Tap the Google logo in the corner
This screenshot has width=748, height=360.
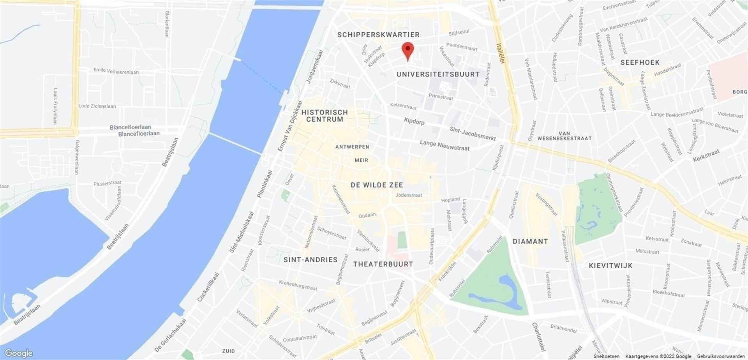click(19, 353)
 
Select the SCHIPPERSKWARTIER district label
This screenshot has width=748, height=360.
click(378, 35)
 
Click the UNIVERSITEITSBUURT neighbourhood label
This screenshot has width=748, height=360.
click(438, 74)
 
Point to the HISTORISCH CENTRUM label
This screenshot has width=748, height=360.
click(327, 116)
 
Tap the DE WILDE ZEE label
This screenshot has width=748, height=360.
click(377, 185)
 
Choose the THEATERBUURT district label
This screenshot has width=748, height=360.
click(383, 264)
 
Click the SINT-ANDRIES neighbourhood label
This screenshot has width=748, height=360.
click(310, 259)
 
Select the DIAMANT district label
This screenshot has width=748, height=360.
click(530, 241)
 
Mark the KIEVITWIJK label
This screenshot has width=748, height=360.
click(610, 266)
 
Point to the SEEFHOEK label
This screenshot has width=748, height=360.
click(640, 62)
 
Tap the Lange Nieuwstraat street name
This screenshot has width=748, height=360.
click(445, 145)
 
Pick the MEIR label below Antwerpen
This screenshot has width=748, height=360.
click(361, 160)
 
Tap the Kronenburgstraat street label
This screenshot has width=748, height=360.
click(298, 285)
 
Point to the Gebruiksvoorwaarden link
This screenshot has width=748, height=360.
click(722, 356)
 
